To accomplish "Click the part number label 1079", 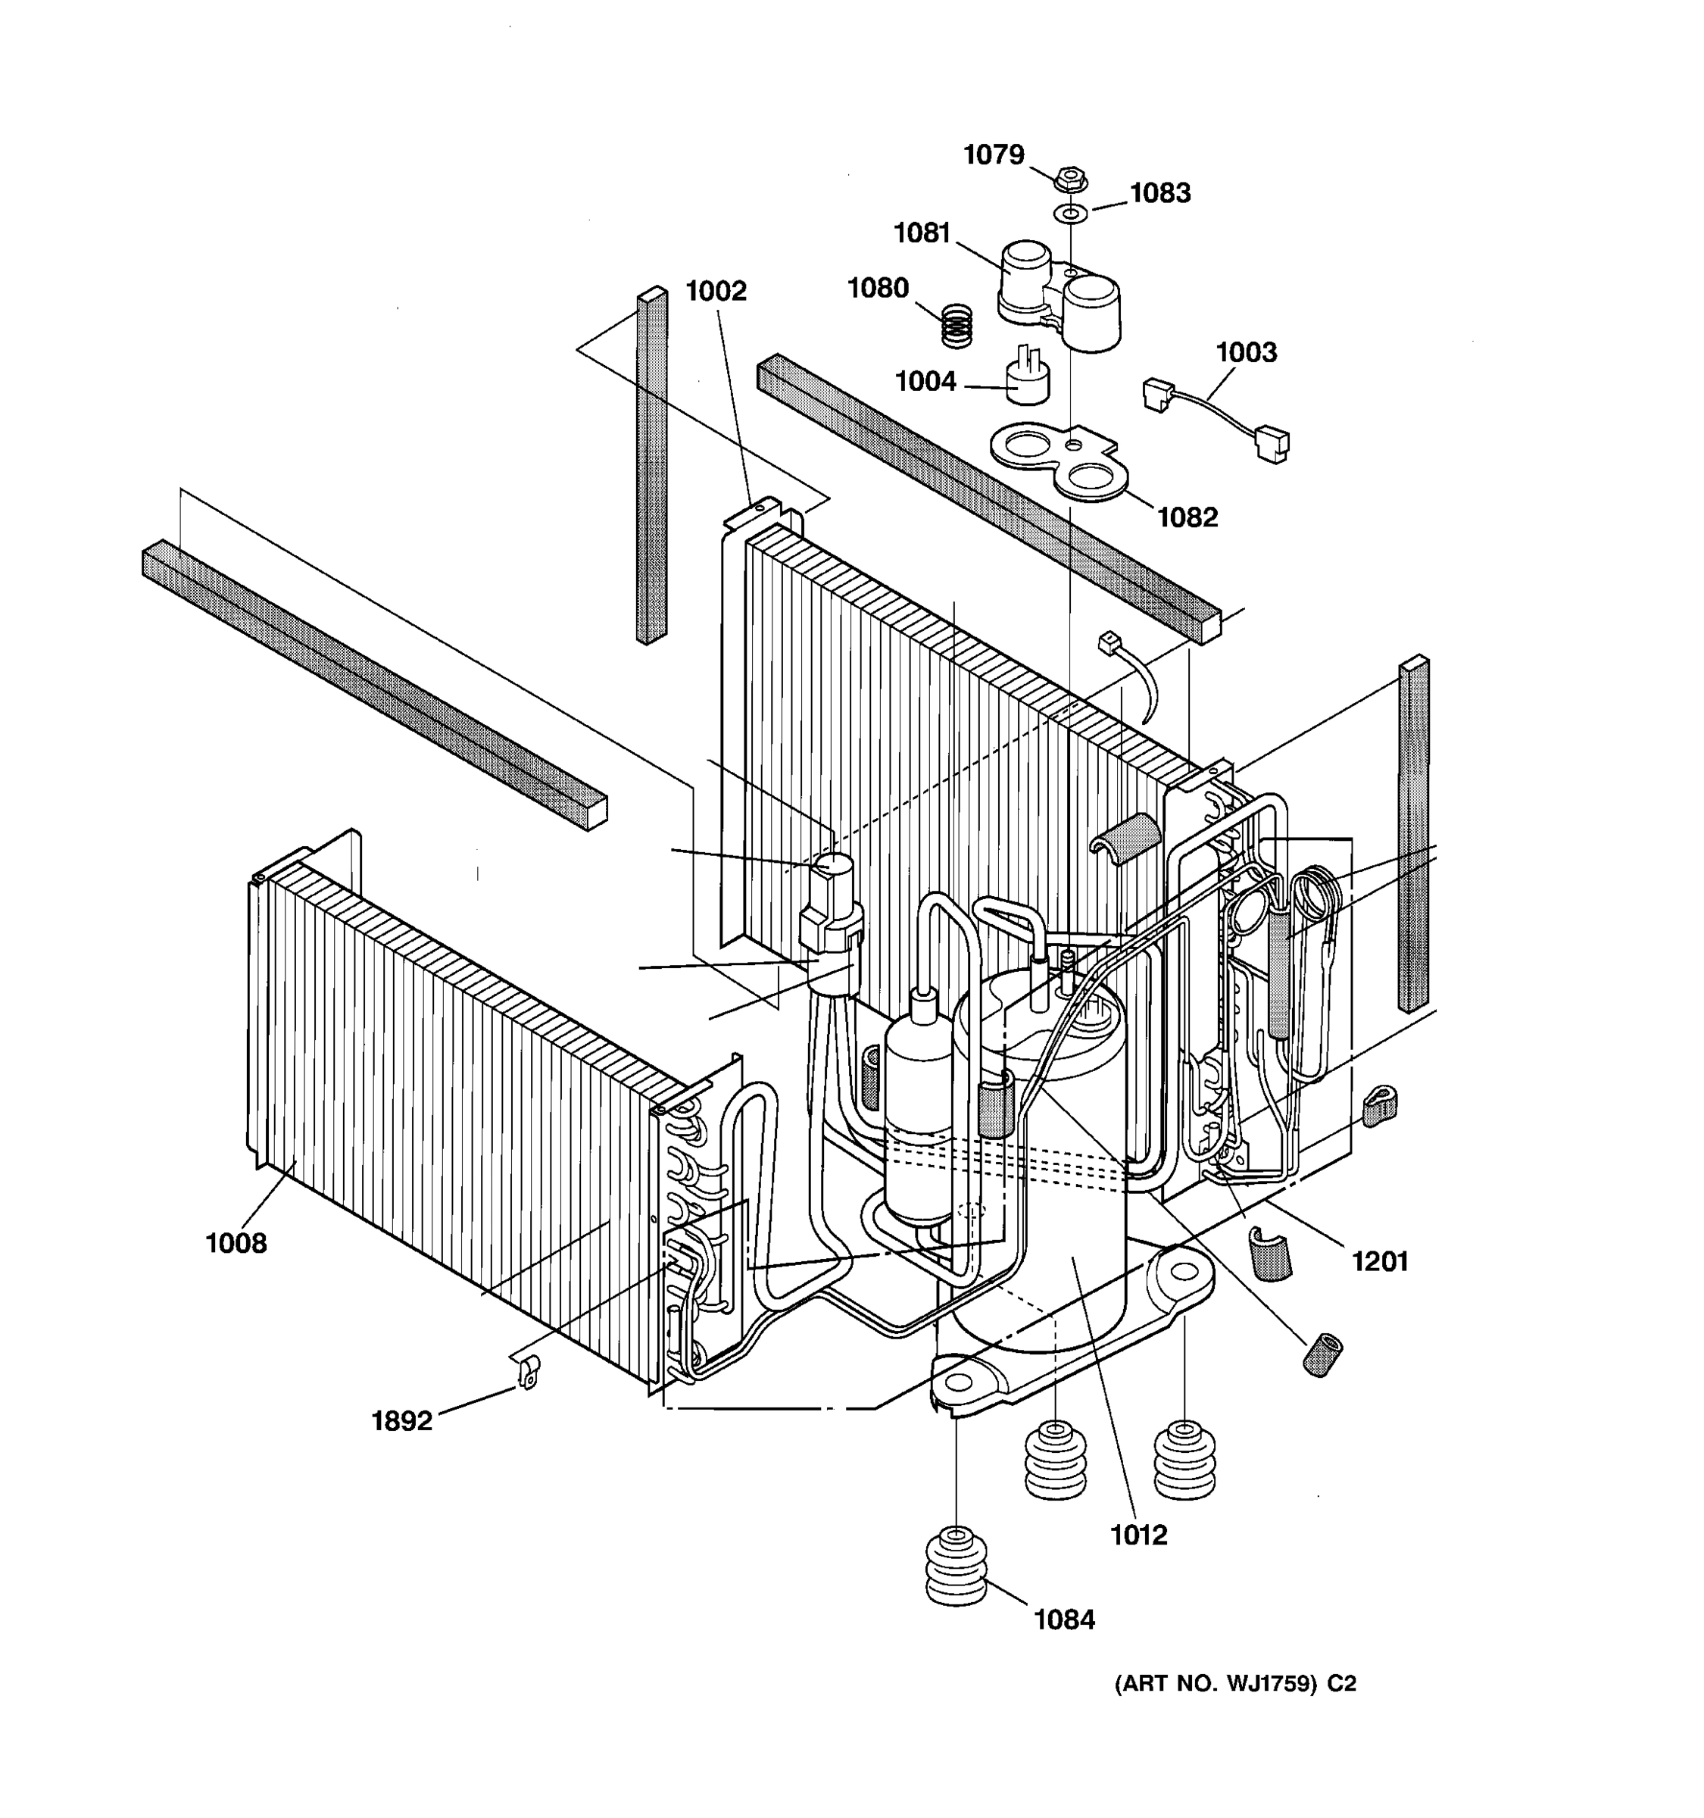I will (x=994, y=155).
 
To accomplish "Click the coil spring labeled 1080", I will (x=957, y=325).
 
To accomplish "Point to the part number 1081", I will (x=922, y=234).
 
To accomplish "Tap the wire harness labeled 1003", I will (x=1216, y=420).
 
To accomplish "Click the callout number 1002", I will (x=716, y=292).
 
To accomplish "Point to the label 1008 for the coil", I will (x=236, y=1244).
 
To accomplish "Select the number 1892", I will (x=401, y=1421).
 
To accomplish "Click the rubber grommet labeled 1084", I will (x=957, y=1567).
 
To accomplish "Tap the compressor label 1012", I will (x=1139, y=1535).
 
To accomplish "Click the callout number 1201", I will (x=1379, y=1262).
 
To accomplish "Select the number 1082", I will (x=1187, y=517).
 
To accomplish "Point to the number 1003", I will (x=1246, y=352).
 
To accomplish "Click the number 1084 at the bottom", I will (x=1064, y=1620).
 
